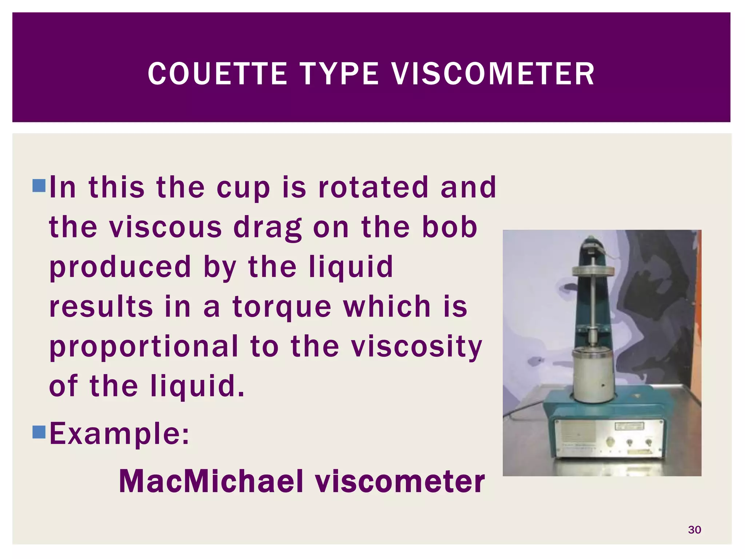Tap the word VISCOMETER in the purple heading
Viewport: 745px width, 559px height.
(493, 74)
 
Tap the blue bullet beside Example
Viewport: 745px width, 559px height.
(39, 432)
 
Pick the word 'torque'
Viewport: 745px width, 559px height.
(282, 307)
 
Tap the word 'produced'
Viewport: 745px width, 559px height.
(120, 267)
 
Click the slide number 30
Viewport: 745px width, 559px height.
(694, 530)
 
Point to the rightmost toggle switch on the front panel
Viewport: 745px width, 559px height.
(648, 442)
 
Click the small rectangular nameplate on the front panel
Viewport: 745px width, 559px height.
(629, 426)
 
